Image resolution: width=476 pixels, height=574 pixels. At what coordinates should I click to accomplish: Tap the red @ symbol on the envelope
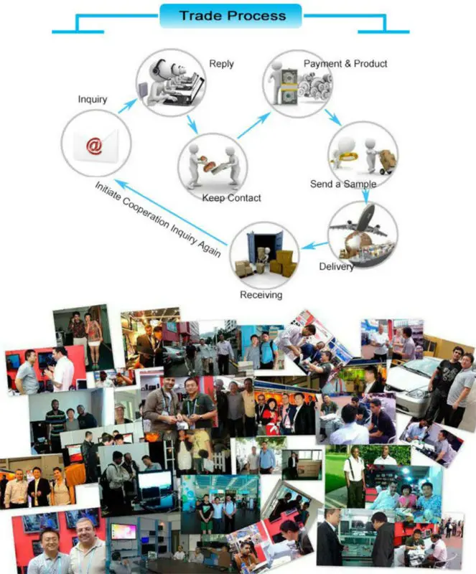[94, 146]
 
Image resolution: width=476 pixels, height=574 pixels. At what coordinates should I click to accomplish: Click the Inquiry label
[93, 99]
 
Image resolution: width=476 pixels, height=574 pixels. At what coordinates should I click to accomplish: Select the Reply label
[221, 64]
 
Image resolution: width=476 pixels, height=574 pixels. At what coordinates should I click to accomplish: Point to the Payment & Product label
[345, 64]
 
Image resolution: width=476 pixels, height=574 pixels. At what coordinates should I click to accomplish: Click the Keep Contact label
[232, 198]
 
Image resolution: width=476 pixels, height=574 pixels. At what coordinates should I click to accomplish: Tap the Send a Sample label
[343, 184]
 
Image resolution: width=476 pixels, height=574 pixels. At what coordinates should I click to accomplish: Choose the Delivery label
[336, 266]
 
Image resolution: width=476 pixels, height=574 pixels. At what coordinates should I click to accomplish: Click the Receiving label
[261, 295]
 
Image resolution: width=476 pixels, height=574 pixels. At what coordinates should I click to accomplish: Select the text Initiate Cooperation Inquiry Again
[158, 220]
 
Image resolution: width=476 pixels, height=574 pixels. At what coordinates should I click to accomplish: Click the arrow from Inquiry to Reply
[127, 105]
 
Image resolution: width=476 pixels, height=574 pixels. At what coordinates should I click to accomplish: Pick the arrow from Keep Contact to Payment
[254, 125]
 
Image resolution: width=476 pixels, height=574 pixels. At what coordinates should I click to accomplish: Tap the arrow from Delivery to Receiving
[314, 245]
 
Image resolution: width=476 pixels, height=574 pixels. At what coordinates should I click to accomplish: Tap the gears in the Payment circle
[314, 85]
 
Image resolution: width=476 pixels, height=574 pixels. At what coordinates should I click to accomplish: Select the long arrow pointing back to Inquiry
[170, 212]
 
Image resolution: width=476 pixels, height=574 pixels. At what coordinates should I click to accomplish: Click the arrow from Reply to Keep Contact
[192, 124]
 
